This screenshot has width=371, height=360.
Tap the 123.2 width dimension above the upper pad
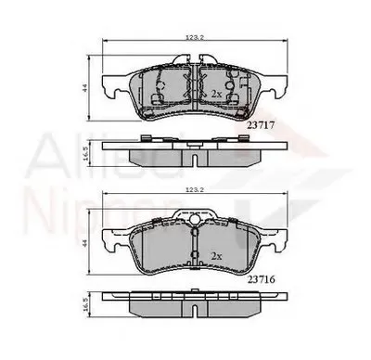coord(193,36)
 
